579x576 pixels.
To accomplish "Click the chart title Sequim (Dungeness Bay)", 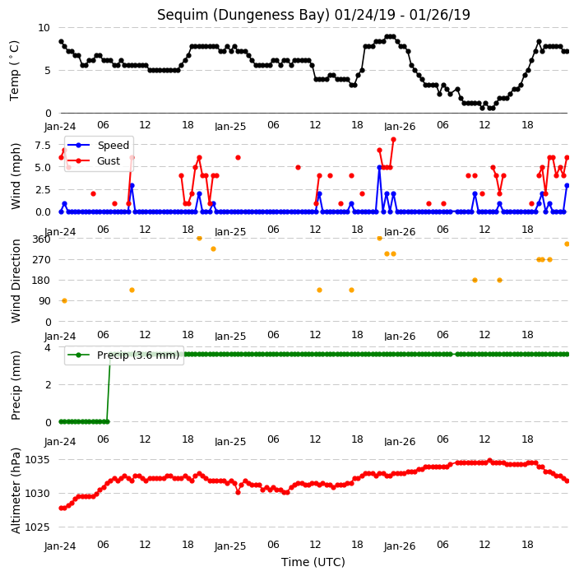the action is (x=243, y=15).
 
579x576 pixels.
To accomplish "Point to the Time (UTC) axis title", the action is (x=313, y=562).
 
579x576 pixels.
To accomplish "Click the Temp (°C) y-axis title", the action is (x=15, y=71).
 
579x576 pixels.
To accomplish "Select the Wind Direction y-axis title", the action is (x=16, y=281).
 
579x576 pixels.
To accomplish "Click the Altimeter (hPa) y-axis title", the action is (x=16, y=490).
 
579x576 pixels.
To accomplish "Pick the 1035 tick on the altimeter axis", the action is (x=37, y=460).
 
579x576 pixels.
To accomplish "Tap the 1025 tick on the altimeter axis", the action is (x=37, y=527).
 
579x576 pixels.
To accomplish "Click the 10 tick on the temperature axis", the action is (x=44, y=28).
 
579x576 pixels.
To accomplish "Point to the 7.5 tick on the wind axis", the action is (x=43, y=145).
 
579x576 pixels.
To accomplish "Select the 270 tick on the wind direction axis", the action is (x=41, y=260).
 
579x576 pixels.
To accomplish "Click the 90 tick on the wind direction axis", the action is (x=44, y=301).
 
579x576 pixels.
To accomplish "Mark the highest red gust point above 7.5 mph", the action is (x=394, y=140).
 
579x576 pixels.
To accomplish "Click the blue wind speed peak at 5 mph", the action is (x=379, y=167).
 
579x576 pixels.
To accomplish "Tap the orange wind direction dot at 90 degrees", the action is (x=64, y=300).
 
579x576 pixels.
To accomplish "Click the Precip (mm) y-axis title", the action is (x=16, y=385).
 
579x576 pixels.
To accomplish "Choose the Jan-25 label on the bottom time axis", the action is (x=230, y=546).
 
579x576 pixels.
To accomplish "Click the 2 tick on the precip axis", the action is (x=48, y=384).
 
